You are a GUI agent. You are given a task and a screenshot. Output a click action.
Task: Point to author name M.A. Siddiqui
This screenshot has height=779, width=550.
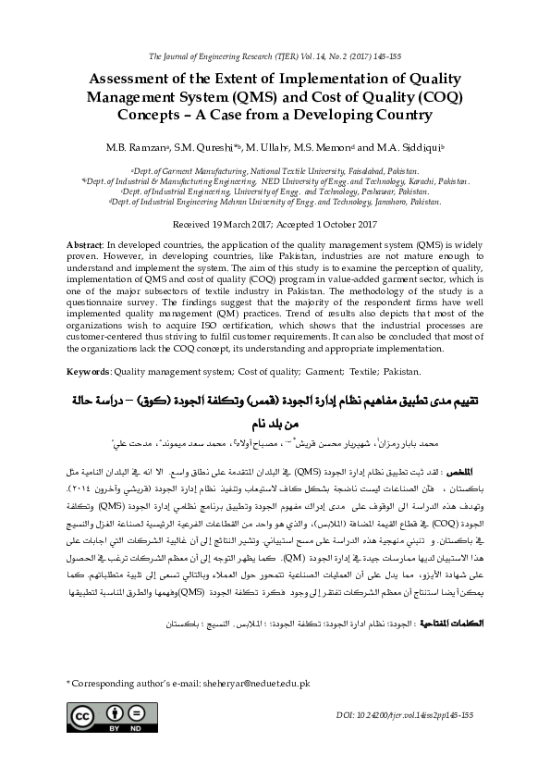click(x=410, y=147)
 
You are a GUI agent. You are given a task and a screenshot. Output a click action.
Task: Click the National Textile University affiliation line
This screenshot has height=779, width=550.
click(x=275, y=171)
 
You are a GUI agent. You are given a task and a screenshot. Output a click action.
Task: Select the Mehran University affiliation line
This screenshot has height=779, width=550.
click(x=275, y=201)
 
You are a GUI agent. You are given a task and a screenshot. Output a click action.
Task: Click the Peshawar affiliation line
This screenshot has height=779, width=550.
click(x=275, y=192)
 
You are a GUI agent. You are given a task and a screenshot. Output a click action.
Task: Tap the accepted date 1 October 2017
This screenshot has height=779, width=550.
click(x=329, y=225)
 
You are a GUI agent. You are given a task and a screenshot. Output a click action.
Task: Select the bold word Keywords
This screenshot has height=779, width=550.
click(x=92, y=371)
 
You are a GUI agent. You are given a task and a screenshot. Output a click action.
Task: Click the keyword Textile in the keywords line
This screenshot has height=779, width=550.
click(x=360, y=371)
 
